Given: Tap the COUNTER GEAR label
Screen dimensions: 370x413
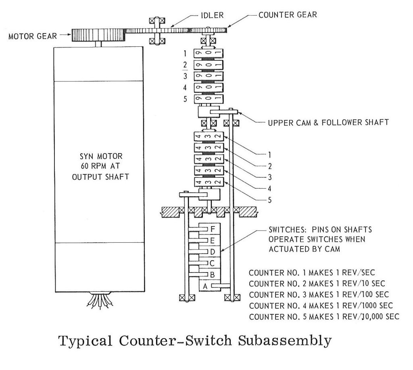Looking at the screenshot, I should (288, 15).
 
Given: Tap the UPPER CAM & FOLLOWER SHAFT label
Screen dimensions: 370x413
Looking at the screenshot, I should (328, 122).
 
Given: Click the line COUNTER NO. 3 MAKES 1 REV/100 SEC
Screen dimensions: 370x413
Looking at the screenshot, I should (321, 294).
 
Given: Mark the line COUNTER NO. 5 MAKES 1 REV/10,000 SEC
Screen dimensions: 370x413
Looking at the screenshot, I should (324, 316).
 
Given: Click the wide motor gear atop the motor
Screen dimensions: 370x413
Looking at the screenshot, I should (99, 35).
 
